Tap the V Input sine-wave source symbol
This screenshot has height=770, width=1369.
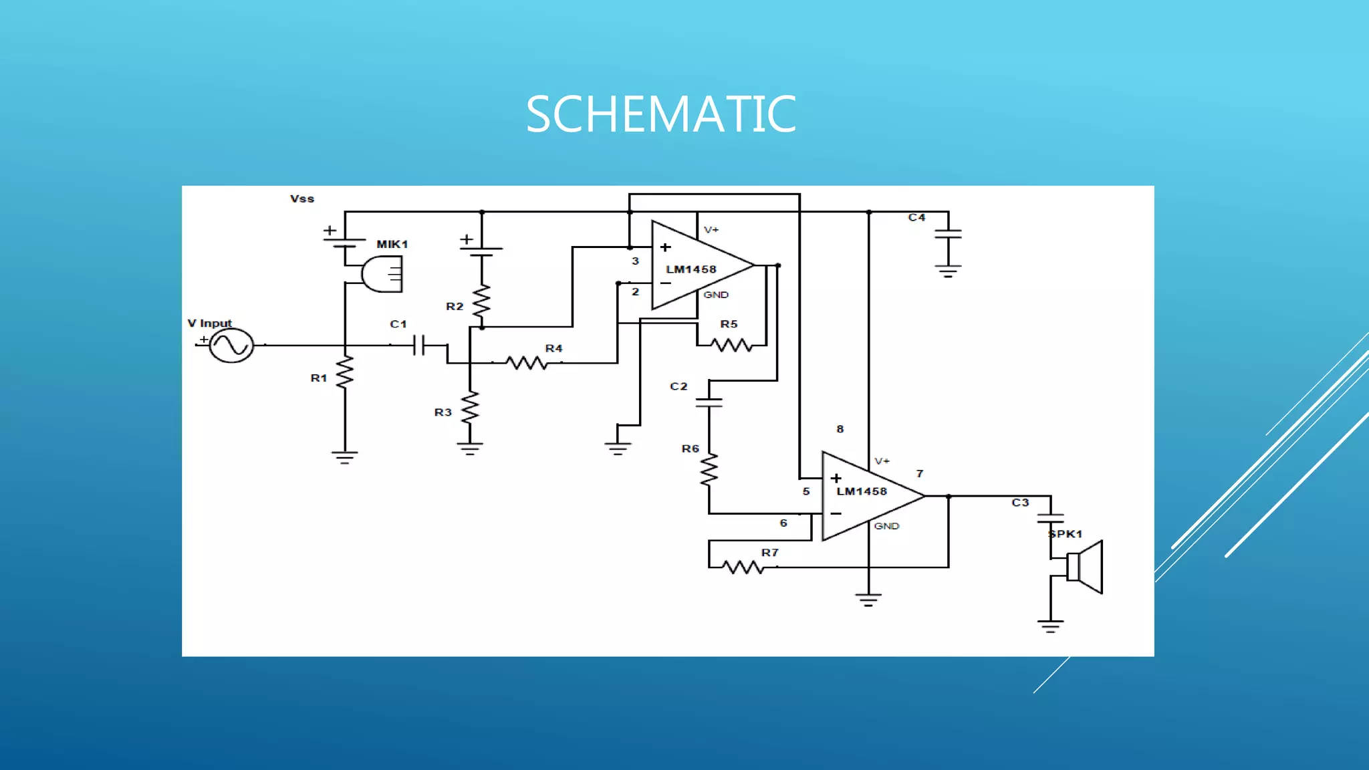click(x=231, y=346)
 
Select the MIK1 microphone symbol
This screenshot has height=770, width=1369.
click(x=382, y=274)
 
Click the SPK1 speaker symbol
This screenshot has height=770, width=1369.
click(x=1084, y=567)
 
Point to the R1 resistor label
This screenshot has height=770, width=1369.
click(x=319, y=378)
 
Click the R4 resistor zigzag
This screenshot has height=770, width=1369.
click(x=527, y=363)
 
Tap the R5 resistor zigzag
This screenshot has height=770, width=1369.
click(x=731, y=345)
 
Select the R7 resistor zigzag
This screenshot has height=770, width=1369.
click(x=743, y=567)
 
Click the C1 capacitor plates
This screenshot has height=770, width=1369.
click(x=418, y=346)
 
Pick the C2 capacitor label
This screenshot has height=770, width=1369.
click(x=678, y=386)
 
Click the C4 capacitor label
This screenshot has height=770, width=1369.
click(x=916, y=217)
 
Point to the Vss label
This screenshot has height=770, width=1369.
click(x=302, y=199)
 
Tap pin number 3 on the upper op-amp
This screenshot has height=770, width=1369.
click(x=635, y=261)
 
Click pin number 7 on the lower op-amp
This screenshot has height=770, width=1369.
click(x=920, y=474)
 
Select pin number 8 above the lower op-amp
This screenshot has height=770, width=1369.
click(x=840, y=429)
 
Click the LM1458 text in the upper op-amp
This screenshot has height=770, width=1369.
click(x=691, y=269)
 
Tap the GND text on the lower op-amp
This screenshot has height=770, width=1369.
click(x=886, y=526)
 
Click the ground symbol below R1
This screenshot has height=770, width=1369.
click(x=344, y=457)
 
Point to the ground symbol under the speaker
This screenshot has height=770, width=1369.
click(x=1050, y=626)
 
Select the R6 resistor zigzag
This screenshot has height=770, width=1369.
click(x=709, y=469)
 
